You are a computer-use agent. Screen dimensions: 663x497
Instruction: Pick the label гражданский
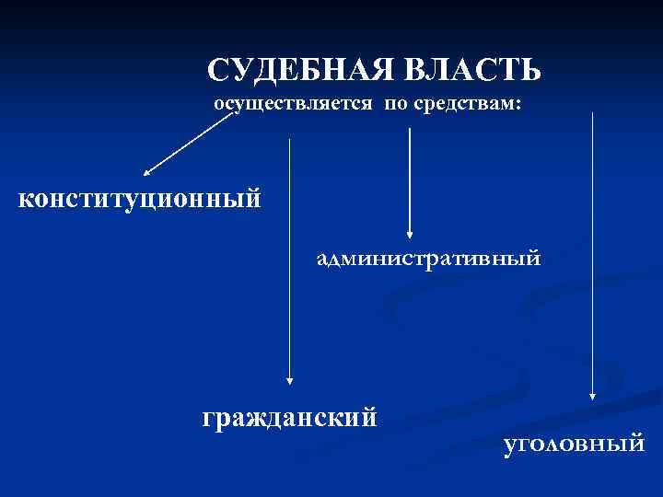point(289,419)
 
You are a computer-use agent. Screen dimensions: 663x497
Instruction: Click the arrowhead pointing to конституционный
point(148,171)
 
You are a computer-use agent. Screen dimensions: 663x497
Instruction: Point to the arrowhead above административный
point(410,236)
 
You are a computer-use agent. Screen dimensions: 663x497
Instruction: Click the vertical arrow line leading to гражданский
point(290,258)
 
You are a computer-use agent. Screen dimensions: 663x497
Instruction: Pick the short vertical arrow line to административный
point(410,179)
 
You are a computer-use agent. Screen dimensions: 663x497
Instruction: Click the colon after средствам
point(519,106)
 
